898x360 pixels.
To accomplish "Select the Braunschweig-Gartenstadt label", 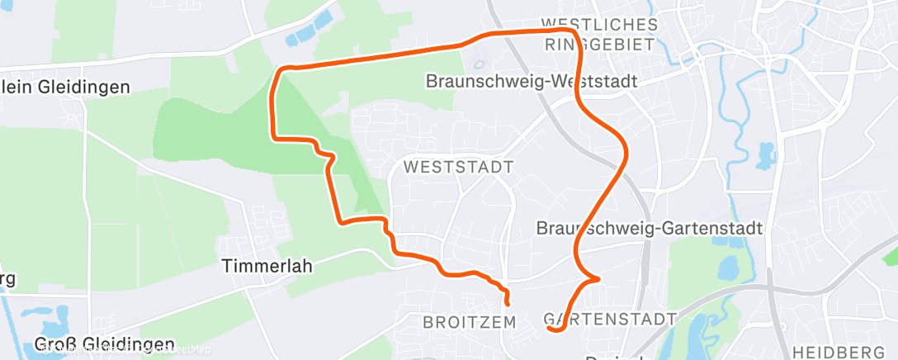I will pos(649,227).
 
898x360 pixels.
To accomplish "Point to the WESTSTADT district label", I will pos(458,167).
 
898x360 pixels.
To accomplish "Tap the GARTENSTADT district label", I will pos(611,319).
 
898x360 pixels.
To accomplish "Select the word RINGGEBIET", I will pos(600,45).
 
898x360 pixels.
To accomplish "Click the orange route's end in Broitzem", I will pos(507,304).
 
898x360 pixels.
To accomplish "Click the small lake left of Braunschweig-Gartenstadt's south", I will pos(729,268).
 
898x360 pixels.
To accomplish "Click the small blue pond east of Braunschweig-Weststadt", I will pos(766,155).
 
